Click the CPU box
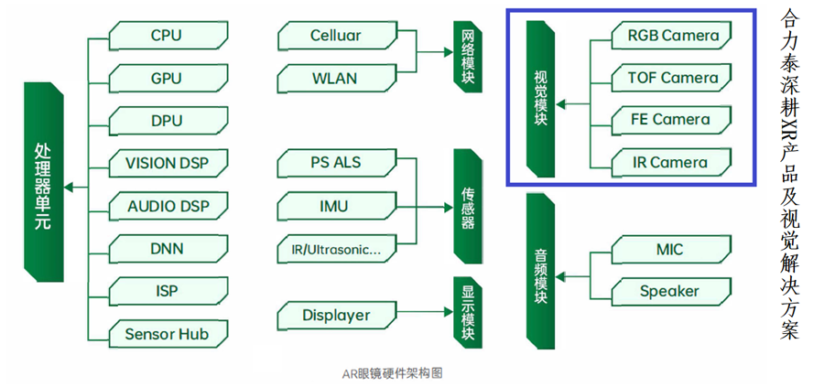tap(166, 37)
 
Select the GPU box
tap(166, 79)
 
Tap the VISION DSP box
tap(166, 164)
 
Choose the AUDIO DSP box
tap(166, 207)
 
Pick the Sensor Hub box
tap(166, 334)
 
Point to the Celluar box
tap(335, 37)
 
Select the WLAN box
tap(335, 78)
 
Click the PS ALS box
tap(335, 164)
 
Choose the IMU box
tap(335, 206)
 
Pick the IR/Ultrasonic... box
tap(335, 249)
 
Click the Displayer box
tap(335, 316)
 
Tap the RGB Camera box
tap(673, 37)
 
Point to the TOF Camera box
tap(673, 78)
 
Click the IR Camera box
tap(673, 163)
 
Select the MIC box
tap(673, 249)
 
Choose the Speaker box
tap(673, 292)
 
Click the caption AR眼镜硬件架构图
tap(392, 372)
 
